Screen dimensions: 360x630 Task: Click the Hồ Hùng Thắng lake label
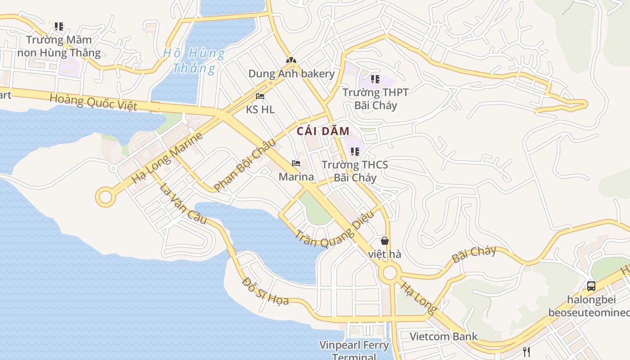(x=193, y=61)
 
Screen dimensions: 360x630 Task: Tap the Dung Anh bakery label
(x=292, y=74)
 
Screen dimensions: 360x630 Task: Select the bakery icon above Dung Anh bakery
(x=291, y=60)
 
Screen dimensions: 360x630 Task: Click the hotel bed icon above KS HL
(x=260, y=96)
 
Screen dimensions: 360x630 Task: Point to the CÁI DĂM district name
(x=323, y=131)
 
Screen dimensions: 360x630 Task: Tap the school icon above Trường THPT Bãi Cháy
(x=375, y=80)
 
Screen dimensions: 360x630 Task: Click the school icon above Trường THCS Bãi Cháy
(x=355, y=152)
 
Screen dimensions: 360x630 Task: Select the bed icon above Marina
(x=296, y=163)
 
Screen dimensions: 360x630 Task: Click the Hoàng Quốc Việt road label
(x=93, y=102)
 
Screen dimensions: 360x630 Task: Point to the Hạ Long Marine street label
(x=167, y=158)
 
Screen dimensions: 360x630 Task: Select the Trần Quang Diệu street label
(x=335, y=229)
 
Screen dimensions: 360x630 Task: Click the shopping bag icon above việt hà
(x=385, y=241)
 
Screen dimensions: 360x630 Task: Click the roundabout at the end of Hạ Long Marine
(x=105, y=197)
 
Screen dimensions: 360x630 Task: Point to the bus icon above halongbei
(x=591, y=286)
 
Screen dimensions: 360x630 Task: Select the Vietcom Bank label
(x=444, y=337)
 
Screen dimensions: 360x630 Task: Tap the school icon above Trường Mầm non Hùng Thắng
(x=59, y=27)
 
